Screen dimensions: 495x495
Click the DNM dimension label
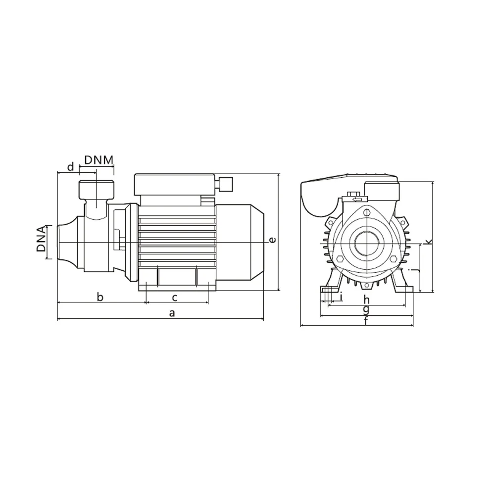pos(99,160)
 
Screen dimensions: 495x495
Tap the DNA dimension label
pos(41,239)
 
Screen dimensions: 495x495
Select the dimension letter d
pos(71,166)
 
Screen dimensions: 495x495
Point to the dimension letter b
pos(100,297)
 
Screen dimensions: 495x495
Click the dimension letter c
pos(174,297)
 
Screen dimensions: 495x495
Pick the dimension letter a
pos(172,313)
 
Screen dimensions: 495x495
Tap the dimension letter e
pos(272,240)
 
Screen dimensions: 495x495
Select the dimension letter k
pos(428,242)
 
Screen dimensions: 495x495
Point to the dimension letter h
pos(366,299)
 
